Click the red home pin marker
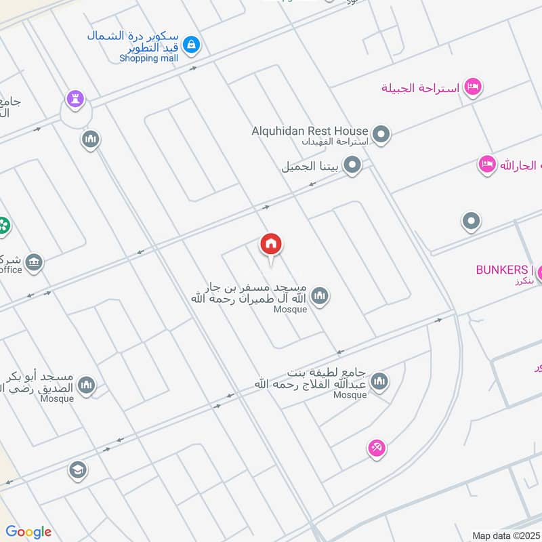pos(271,245)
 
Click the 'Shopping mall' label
pos(148,58)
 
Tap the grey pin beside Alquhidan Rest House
pos(381,135)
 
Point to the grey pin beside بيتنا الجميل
pos(352,165)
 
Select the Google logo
pos(28,532)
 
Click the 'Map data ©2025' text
pos(505,535)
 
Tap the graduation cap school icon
pos(78,470)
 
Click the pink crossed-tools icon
pos(377,448)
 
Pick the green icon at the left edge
pos(4,225)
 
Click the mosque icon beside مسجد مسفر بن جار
pos(320,296)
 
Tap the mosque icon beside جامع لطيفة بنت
pos(379,382)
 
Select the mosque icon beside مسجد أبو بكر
pos(86,386)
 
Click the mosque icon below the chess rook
pos(90,140)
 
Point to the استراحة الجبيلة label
pos(421,88)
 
